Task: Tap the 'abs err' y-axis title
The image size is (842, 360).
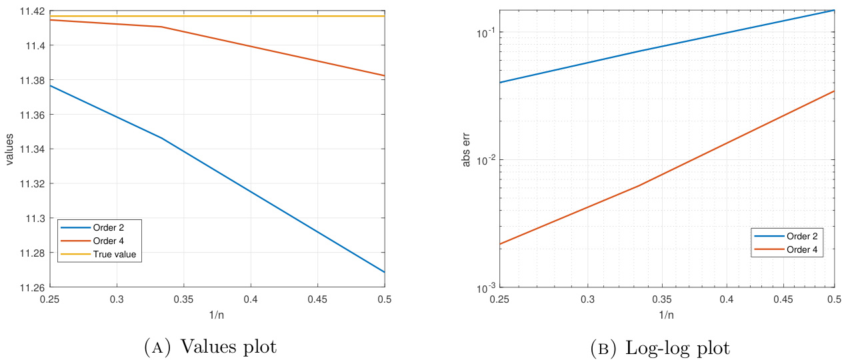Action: click(x=467, y=149)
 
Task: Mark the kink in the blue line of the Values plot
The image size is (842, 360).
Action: click(x=161, y=138)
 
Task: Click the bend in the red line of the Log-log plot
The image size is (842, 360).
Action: click(x=639, y=185)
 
